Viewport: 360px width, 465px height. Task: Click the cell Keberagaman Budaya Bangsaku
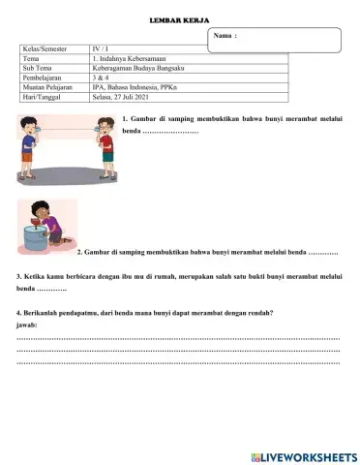[140, 68]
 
